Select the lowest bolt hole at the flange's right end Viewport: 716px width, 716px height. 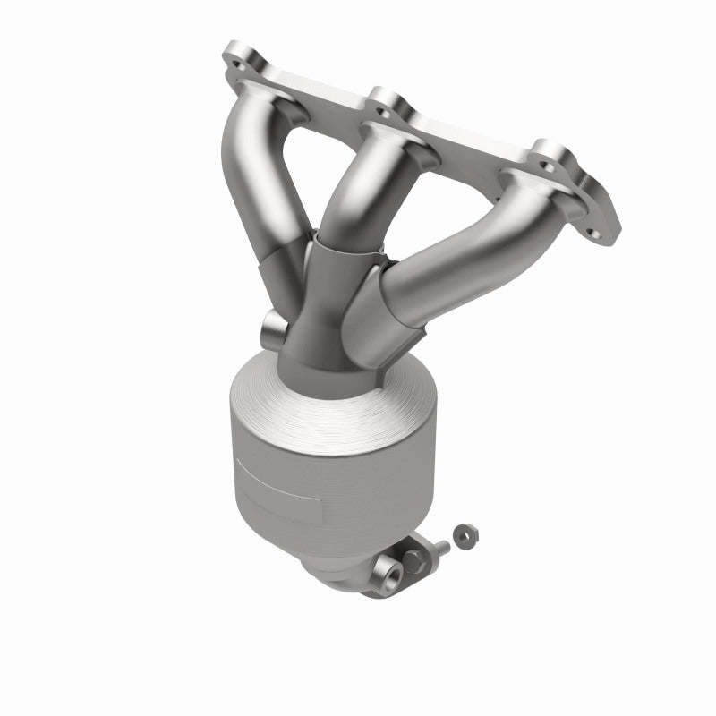point(592,210)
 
